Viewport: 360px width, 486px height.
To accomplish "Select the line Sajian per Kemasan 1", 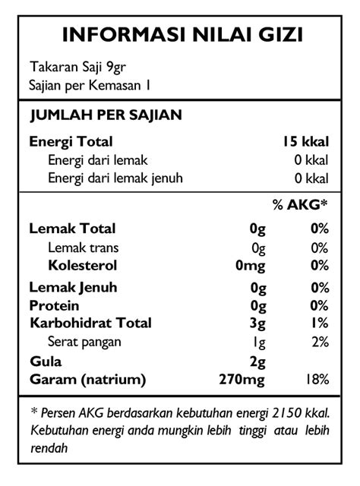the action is (90, 85).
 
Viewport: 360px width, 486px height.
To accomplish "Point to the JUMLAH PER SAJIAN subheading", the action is (105, 115).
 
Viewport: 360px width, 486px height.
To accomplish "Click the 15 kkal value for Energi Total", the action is (305, 141).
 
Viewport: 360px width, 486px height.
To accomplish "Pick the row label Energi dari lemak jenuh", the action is (115, 178).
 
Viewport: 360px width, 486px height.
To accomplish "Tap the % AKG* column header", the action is (300, 204).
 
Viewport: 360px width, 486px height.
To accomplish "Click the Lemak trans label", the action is (83, 247).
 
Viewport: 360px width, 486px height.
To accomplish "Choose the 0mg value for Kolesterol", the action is (250, 265).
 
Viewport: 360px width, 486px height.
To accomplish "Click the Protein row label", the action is (54, 305).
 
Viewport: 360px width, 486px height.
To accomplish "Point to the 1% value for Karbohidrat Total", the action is (319, 323).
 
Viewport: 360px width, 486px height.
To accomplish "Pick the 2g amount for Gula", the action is (257, 361).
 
